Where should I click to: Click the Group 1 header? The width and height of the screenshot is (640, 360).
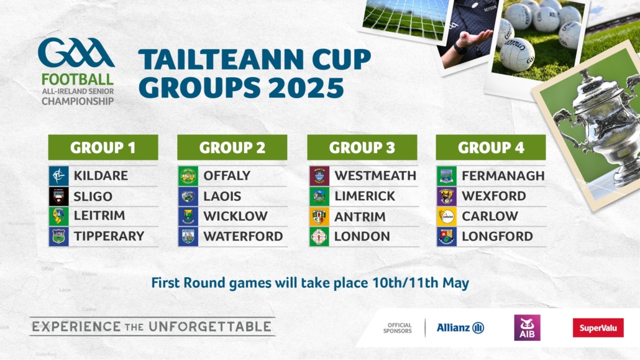coord(103,147)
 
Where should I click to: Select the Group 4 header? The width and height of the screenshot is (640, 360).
coord(491,147)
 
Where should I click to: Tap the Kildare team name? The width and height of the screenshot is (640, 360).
coord(101,176)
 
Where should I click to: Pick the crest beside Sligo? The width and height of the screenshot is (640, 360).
coord(59,196)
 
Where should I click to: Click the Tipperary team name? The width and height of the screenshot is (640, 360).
coord(109,236)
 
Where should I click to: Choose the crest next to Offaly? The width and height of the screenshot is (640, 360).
coord(188,176)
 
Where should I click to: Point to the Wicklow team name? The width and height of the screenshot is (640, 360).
coord(235,216)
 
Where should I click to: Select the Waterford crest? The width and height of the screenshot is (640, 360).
coord(188,237)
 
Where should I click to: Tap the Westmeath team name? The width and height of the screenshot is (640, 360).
coord(375,176)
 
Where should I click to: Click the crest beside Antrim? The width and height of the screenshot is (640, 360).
coord(319,216)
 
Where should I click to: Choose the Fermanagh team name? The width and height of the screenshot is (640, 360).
coord(503,176)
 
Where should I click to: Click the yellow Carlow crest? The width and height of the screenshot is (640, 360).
coord(447,216)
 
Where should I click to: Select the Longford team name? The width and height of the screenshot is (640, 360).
coord(497,236)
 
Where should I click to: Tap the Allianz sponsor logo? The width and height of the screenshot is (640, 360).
coord(460,328)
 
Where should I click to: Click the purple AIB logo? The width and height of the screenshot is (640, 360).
coord(527,328)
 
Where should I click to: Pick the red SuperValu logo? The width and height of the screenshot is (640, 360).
coord(598,328)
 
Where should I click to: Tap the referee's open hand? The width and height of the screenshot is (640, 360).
coord(474,39)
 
